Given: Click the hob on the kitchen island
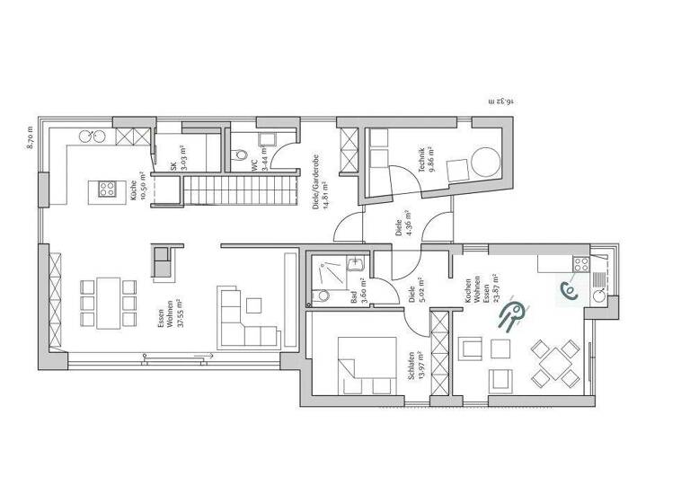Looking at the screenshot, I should pyautogui.click(x=107, y=189).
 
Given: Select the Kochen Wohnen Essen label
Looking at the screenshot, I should pyautogui.click(x=476, y=300).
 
